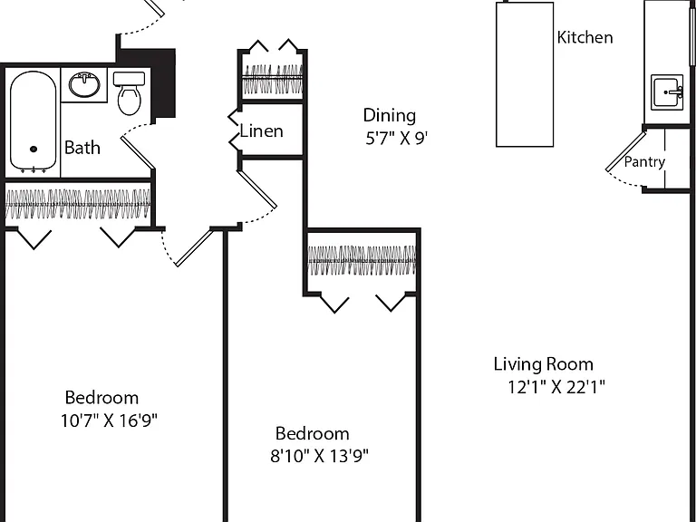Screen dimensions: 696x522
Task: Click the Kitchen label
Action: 585,37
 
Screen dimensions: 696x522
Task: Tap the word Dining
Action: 390,115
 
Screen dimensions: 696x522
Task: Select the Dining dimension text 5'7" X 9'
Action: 396,139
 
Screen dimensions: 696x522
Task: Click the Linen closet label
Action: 261,130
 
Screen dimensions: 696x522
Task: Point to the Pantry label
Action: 644,162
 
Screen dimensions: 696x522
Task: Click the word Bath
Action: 82,148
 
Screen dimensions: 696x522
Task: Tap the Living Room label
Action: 544,364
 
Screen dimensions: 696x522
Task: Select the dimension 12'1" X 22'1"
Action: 556,387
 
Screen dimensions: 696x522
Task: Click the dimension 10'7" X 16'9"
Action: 109,420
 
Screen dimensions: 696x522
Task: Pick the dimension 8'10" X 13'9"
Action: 320,456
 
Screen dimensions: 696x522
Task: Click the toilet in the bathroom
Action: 130,93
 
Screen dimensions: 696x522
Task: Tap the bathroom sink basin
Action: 84,84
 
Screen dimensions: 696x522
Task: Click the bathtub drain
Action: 34,150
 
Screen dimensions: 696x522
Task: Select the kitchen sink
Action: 667,92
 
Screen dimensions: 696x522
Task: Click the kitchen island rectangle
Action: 525,74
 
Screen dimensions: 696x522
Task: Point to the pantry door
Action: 626,151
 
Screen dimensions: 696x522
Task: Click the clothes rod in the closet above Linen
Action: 273,77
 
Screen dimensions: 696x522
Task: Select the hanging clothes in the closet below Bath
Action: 78,204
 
